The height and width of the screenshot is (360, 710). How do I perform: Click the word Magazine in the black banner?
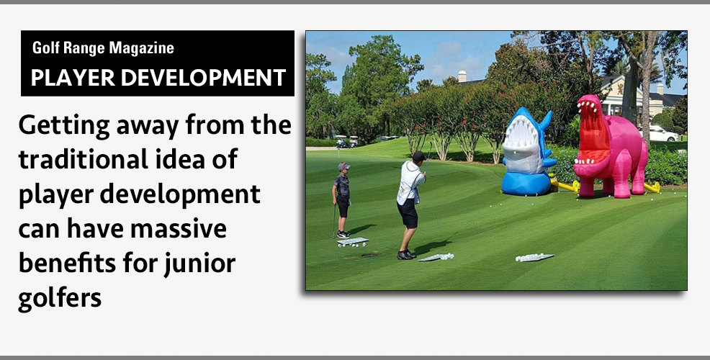pos(141,48)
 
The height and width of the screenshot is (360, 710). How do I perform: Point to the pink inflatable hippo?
pos(613,148)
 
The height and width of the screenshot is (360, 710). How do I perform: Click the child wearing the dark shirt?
pos(342,198)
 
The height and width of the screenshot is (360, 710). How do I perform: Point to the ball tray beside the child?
pos(353,241)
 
